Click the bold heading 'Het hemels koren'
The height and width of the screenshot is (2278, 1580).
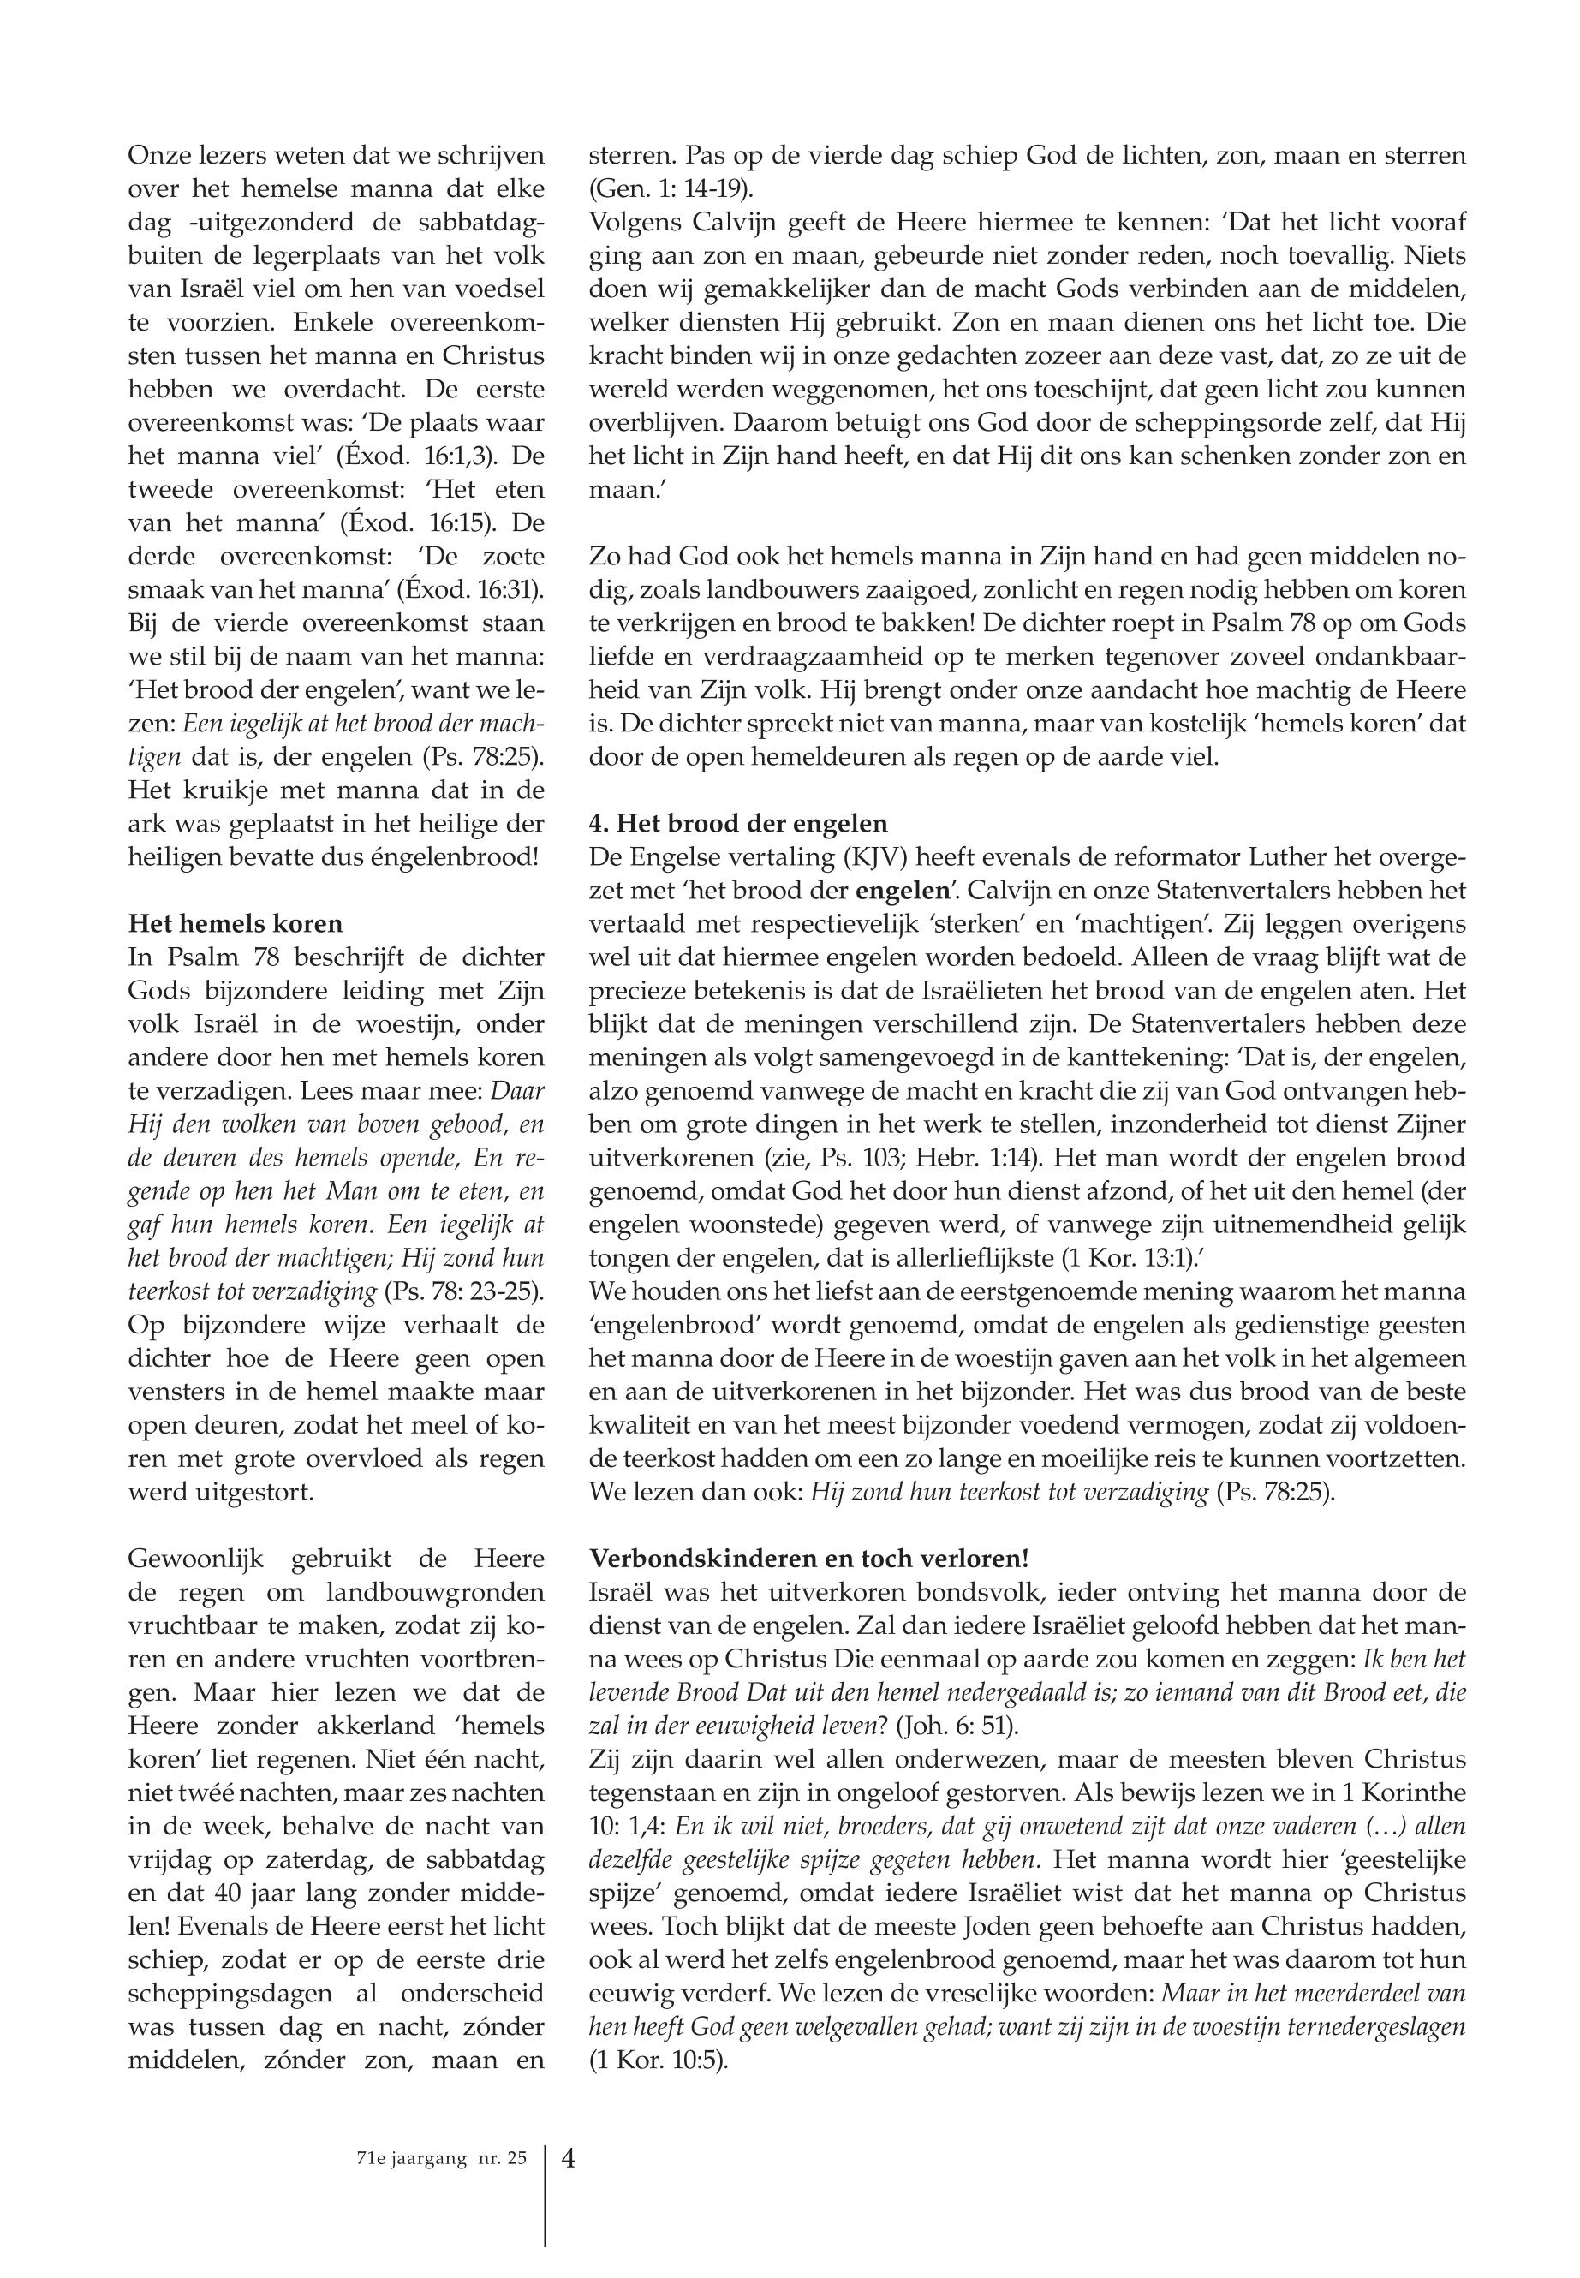click(236, 924)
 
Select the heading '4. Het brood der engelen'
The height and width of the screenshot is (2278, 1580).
click(738, 824)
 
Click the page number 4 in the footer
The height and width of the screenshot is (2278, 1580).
click(569, 2157)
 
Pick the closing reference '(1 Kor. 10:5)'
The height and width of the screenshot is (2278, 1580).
click(658, 2060)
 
